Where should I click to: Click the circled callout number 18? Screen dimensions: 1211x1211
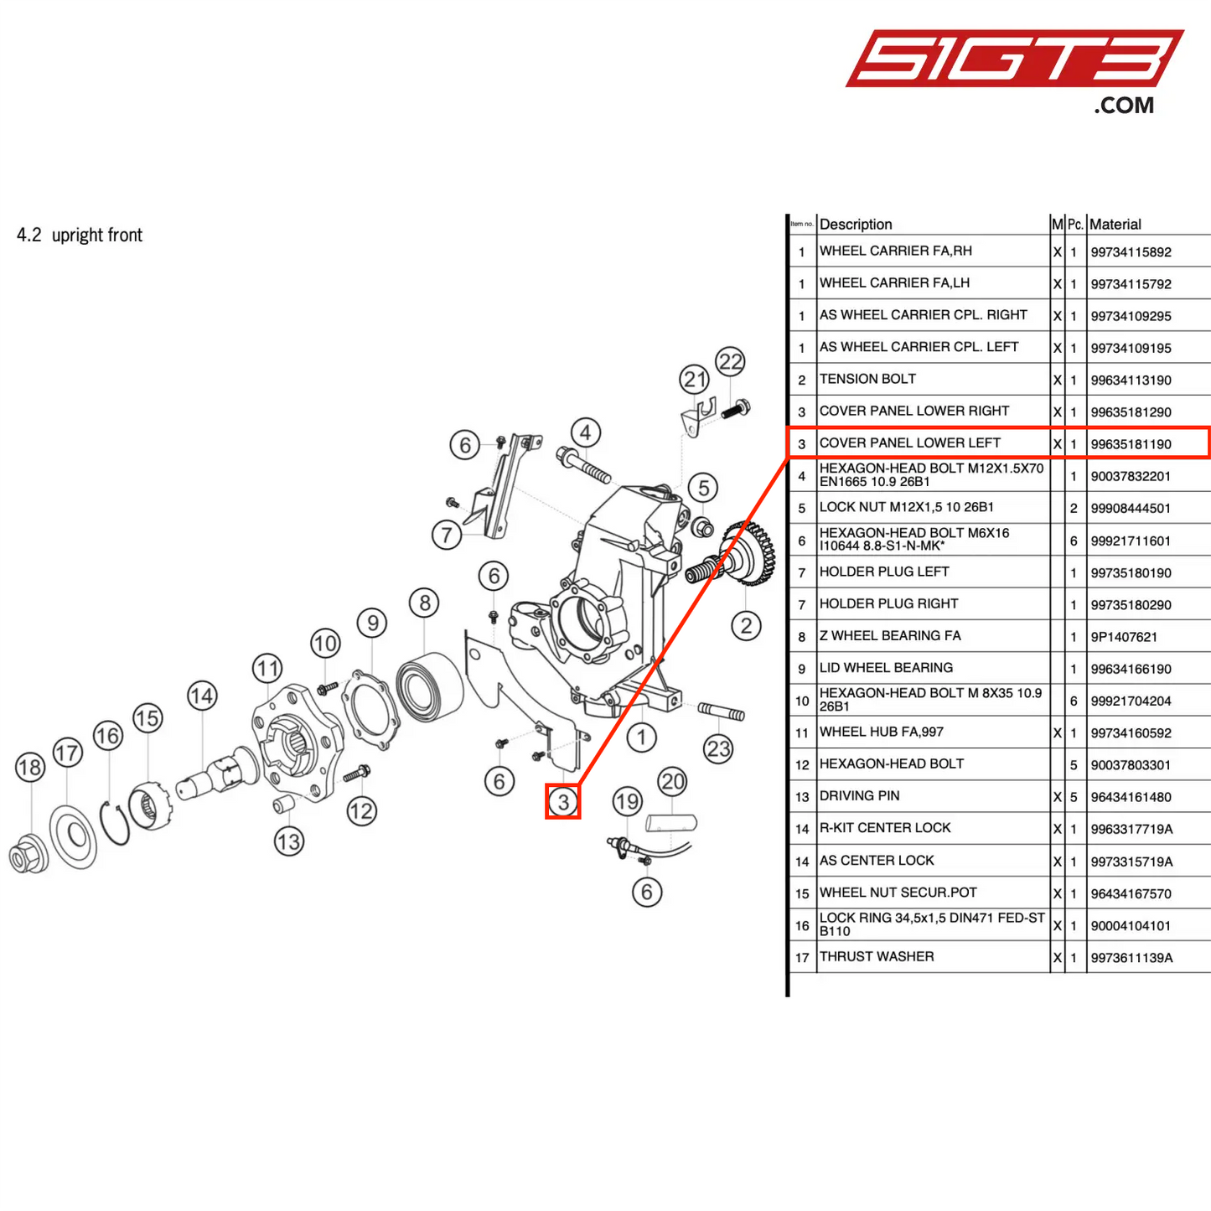coord(30,767)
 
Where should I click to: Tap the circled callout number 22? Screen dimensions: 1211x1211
coord(731,362)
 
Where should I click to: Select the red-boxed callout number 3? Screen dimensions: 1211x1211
coord(563,802)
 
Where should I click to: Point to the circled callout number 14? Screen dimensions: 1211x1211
coord(202,696)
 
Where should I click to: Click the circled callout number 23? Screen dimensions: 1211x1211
coord(718,748)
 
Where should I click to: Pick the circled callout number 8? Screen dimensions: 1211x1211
coord(425,603)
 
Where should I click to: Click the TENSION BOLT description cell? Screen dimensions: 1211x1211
coord(867,379)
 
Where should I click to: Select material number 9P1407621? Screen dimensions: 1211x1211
coord(1124,637)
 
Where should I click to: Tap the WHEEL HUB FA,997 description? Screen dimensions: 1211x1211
coord(881,732)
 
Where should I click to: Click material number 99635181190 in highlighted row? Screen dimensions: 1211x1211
coord(1131,444)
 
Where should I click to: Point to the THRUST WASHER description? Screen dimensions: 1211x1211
coord(876,956)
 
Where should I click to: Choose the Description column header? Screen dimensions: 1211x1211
coord(856,224)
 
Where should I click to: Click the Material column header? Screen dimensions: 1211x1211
coord(1115,224)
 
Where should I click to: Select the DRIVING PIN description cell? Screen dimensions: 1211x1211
coord(859,795)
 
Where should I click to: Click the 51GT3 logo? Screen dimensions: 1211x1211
coord(1014,60)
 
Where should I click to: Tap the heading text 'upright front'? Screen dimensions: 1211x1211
coord(97,235)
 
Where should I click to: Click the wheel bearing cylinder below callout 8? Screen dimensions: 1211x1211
coord(429,686)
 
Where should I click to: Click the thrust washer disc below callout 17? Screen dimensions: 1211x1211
coord(74,836)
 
